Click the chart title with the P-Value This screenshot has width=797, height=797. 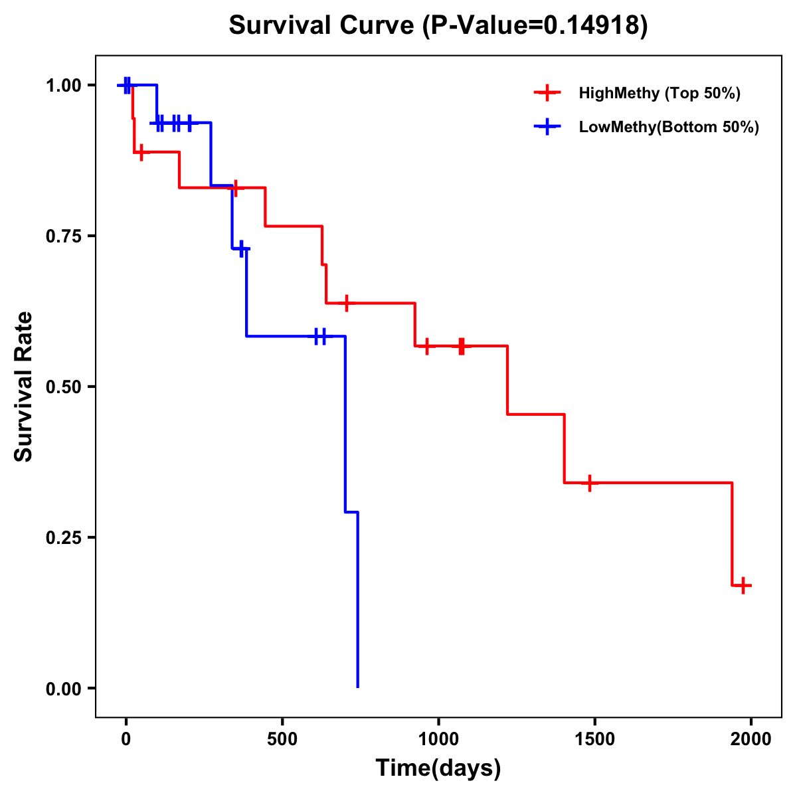pyautogui.click(x=438, y=25)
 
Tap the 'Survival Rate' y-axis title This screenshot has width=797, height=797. pyautogui.click(x=24, y=386)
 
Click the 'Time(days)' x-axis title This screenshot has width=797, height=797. pyautogui.click(x=438, y=768)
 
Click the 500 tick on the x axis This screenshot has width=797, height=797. pyautogui.click(x=282, y=739)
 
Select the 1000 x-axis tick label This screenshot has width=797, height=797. pyautogui.click(x=438, y=739)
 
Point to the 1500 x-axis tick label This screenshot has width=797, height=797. pyautogui.click(x=594, y=739)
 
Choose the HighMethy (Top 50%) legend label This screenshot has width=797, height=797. pyautogui.click(x=660, y=93)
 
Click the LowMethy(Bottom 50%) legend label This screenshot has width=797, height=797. pyautogui.click(x=669, y=127)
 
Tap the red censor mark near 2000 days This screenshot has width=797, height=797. pyautogui.click(x=744, y=585)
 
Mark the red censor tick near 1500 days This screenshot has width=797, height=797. pyautogui.click(x=589, y=483)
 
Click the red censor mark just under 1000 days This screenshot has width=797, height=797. pyautogui.click(x=426, y=346)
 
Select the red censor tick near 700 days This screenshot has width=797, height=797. pyautogui.click(x=345, y=303)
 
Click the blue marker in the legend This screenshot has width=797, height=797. pyautogui.click(x=547, y=127)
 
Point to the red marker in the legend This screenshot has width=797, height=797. pyautogui.click(x=547, y=93)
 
